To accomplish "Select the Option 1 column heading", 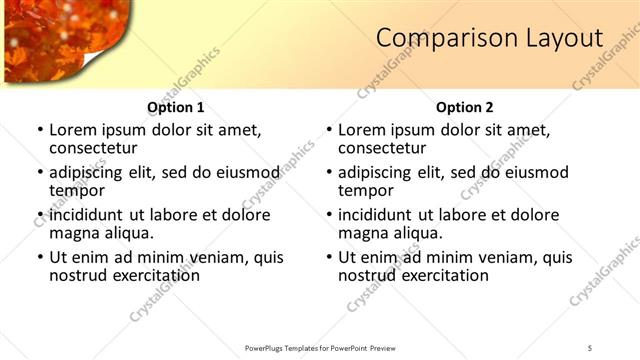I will [176, 107].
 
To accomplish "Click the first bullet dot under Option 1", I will [40, 130].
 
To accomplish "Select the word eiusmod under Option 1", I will [241, 172].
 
